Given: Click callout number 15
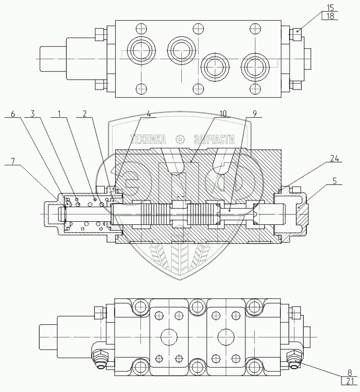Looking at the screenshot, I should click(330, 8).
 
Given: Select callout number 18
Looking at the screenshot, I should click(330, 16).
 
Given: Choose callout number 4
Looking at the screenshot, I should click(148, 113).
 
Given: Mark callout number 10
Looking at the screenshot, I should click(223, 113).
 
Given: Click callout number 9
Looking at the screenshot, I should click(254, 113).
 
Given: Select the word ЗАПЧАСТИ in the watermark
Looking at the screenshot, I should click(214, 139).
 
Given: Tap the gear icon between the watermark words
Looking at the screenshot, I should click(180, 139).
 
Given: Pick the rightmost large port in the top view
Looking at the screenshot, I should click(255, 66).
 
